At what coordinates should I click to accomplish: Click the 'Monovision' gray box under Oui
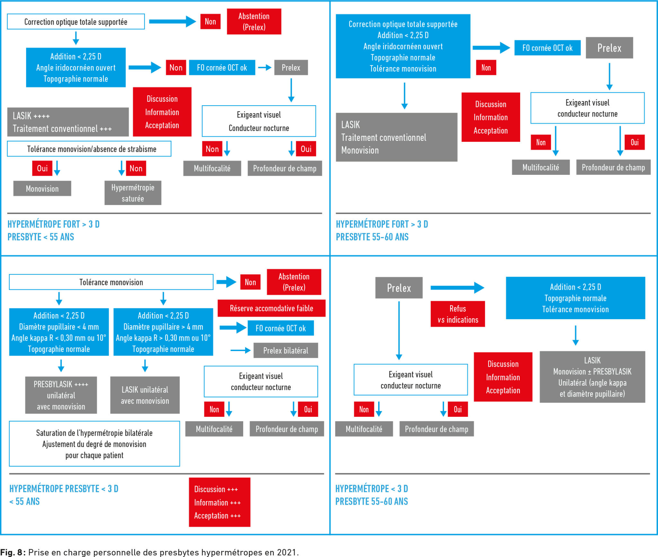coord(42,188)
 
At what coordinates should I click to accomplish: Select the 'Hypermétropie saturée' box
coord(133,193)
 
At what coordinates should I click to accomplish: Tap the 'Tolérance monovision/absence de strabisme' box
coord(89,149)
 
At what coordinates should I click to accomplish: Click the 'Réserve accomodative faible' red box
coord(271,308)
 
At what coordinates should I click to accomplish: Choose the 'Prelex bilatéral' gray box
coord(286,350)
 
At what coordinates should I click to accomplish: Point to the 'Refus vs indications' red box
coord(458,314)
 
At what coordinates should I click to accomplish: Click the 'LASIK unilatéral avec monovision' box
coord(145,395)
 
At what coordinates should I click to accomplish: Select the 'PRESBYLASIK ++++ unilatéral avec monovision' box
coord(61,395)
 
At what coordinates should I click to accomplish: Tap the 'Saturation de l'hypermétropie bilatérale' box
coord(94,444)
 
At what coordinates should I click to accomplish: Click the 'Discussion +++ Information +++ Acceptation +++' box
coord(219,502)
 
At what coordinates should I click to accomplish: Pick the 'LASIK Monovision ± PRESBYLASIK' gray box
coord(592,377)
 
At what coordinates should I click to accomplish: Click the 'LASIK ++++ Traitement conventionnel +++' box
coord(68,122)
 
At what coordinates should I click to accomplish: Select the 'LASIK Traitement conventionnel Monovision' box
coord(396,137)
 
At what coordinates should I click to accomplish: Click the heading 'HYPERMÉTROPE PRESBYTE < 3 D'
coord(64,489)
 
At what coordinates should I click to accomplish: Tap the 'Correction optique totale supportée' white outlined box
coord(76,21)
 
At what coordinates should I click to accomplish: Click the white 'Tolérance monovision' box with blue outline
coord(111,282)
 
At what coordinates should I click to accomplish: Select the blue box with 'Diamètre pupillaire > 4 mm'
coord(163,332)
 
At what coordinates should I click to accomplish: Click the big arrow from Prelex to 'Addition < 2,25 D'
coord(458,287)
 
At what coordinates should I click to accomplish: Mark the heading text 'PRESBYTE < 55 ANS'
coord(41,237)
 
